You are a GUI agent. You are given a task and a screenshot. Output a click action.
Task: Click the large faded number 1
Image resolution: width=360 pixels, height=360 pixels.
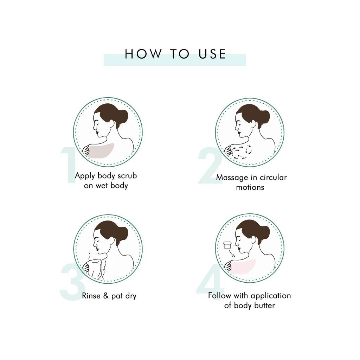click(69, 165)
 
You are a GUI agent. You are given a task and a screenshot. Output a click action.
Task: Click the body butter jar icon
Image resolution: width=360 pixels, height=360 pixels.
click(227, 244)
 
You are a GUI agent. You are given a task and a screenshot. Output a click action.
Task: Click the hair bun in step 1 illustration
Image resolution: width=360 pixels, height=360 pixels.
click(123, 116)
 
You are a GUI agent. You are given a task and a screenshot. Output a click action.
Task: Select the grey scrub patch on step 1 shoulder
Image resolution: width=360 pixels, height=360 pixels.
click(101, 150)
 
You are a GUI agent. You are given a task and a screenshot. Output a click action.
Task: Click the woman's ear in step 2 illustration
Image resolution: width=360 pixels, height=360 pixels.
click(253, 124)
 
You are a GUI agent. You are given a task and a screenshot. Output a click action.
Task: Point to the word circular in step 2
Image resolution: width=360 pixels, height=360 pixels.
click(273, 178)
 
